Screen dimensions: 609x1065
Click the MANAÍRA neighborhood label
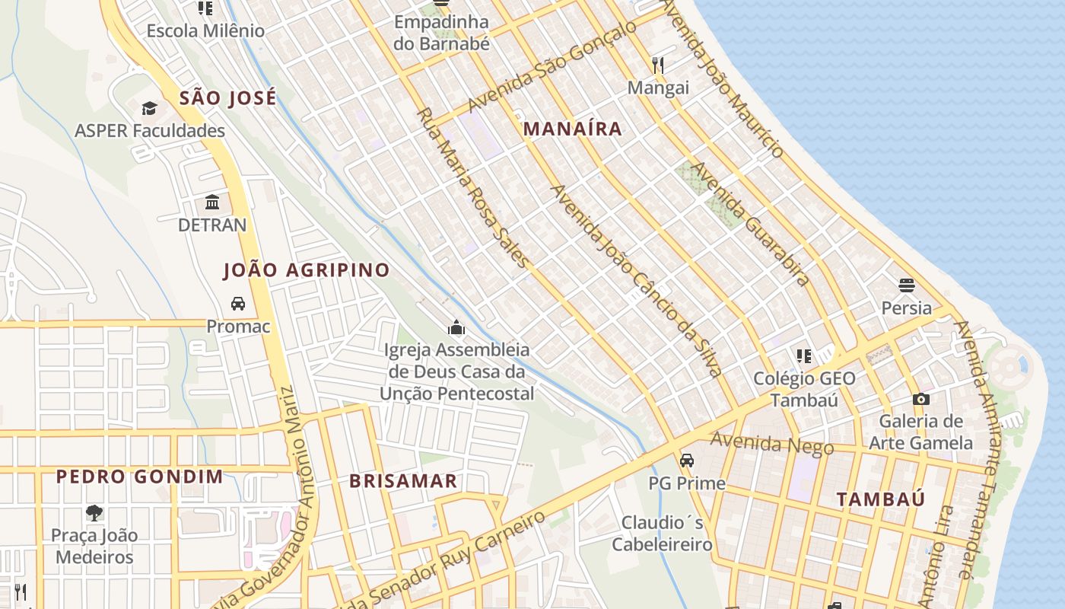[573, 129]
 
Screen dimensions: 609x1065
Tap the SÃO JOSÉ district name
[227, 97]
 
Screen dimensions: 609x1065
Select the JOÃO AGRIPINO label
[306, 269]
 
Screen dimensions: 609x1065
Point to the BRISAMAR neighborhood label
[403, 480]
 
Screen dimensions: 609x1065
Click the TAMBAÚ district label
[881, 499]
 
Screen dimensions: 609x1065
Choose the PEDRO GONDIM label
[140, 477]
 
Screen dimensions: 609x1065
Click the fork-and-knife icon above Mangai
[658, 65]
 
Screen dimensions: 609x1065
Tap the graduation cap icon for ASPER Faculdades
[149, 108]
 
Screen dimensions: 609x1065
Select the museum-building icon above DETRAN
[212, 202]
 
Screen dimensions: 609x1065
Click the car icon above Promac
[238, 304]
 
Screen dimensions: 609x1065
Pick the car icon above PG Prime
[687, 461]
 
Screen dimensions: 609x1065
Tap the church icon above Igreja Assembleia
[456, 327]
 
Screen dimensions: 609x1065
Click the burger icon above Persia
[906, 285]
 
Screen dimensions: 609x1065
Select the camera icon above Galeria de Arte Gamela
[921, 399]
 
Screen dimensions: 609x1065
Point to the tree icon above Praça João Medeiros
[94, 512]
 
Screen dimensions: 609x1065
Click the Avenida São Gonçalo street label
[552, 66]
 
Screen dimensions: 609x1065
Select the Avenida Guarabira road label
[749, 224]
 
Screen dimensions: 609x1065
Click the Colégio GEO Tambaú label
[804, 389]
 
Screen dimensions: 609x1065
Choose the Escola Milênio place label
[205, 31]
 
